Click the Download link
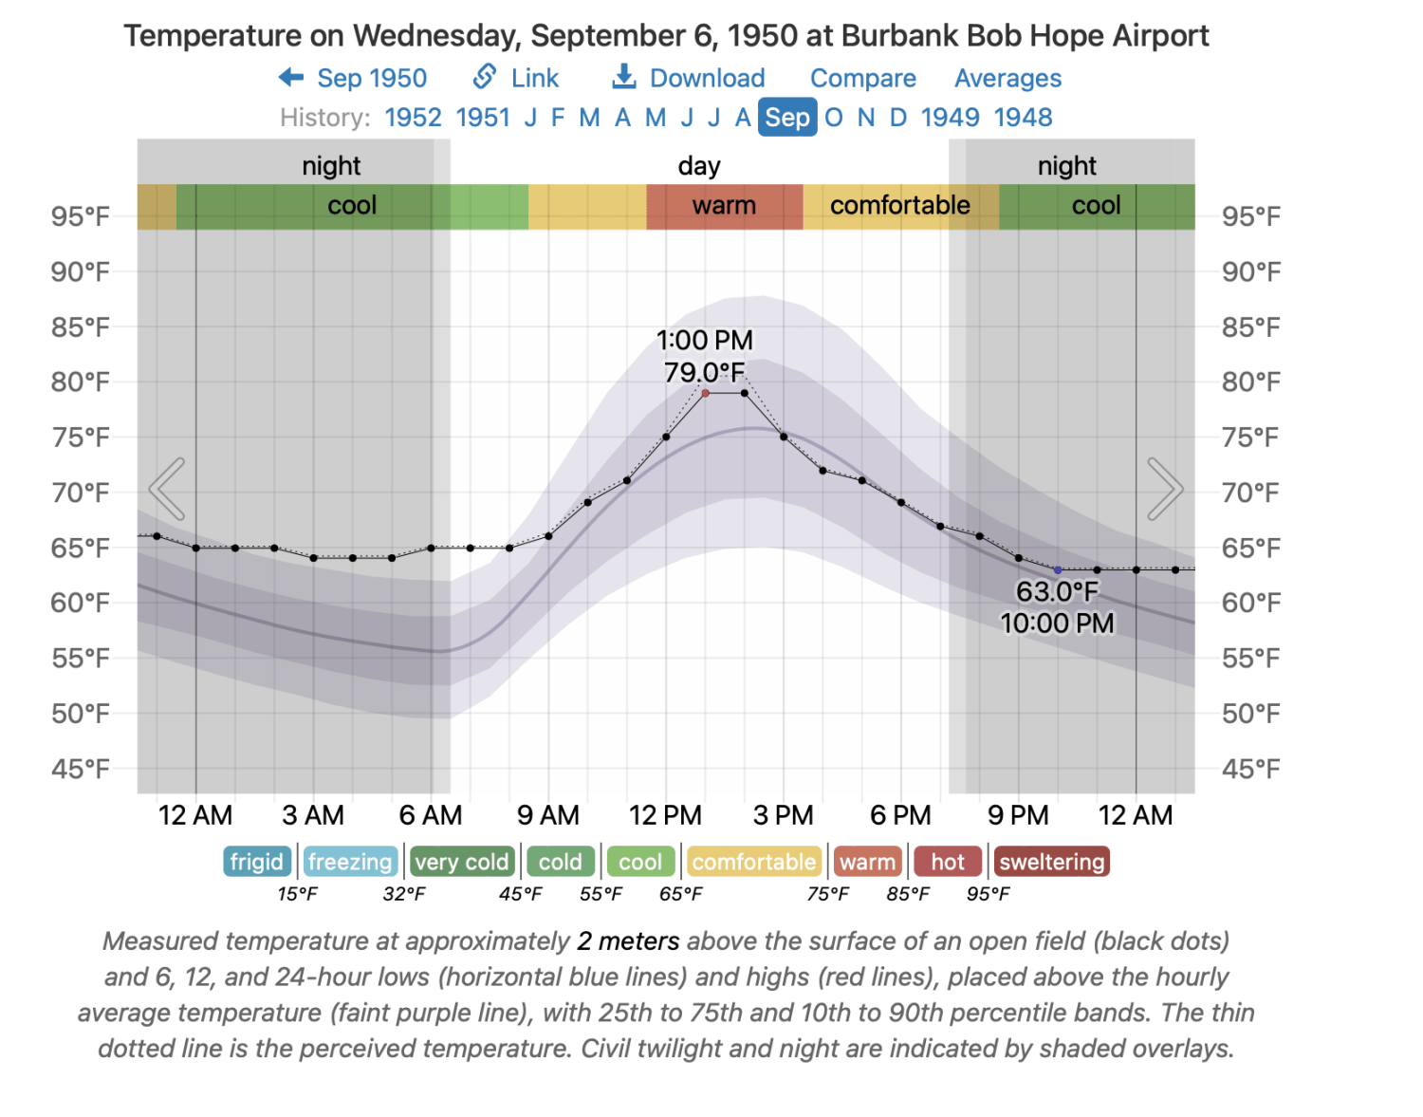689,78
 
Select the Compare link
862,78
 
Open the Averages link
1007,78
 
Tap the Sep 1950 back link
353,78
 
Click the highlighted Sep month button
787,118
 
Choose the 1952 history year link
413,118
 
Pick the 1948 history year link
1023,118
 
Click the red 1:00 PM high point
705,393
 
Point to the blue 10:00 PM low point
1058,570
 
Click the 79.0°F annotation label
704,372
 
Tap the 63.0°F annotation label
1057,591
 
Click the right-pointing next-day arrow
1164,489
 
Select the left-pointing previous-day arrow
168,489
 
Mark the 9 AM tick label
548,815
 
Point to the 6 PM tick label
900,815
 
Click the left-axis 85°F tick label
81,327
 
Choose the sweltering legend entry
1051,862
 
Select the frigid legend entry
257,862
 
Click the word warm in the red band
724,206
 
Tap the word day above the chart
699,166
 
